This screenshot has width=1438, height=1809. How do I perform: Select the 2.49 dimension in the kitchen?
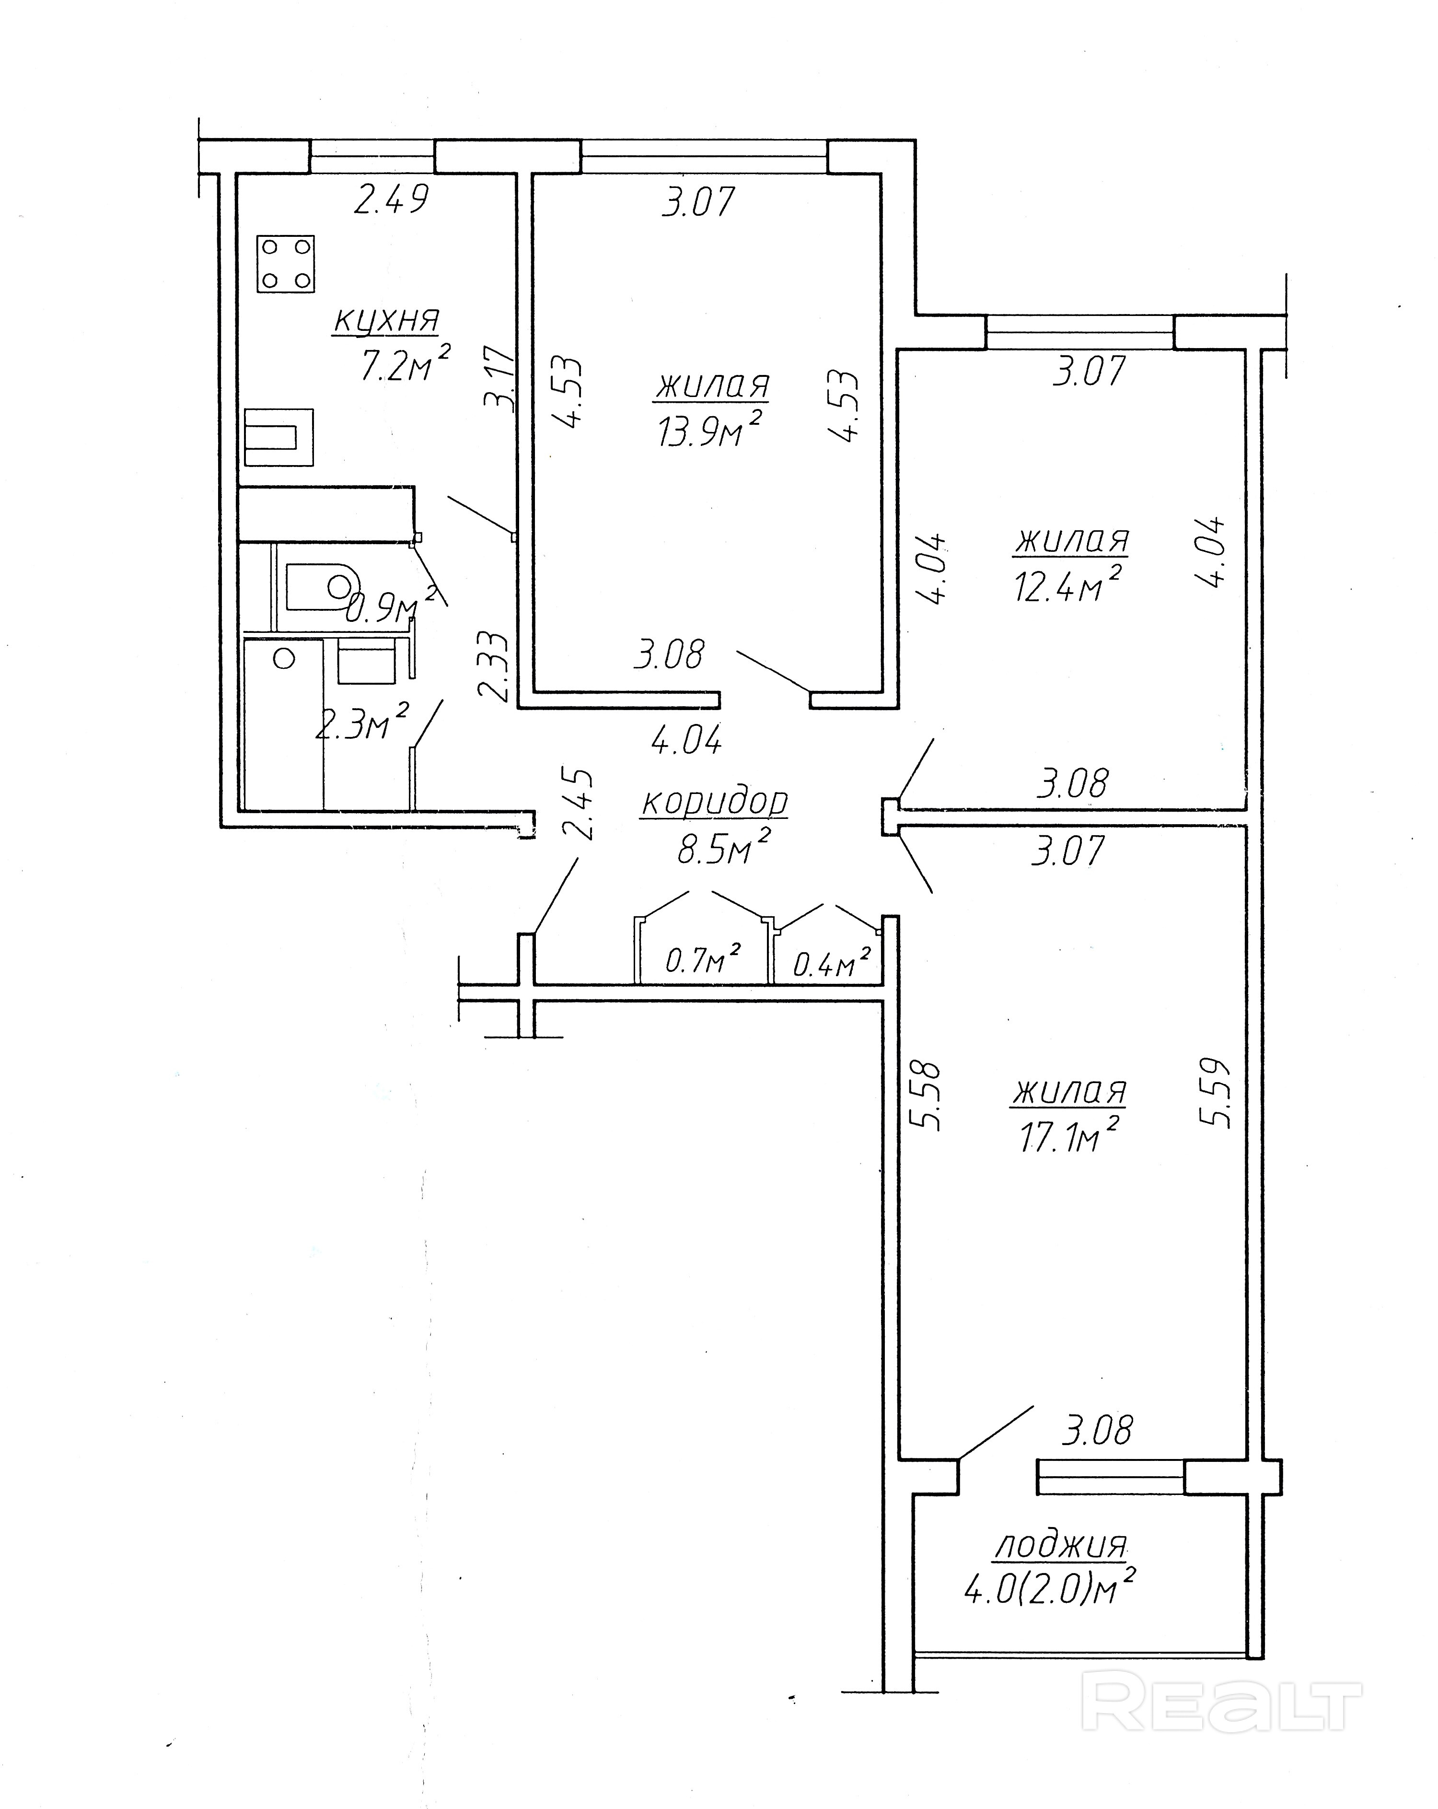[391, 199]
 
